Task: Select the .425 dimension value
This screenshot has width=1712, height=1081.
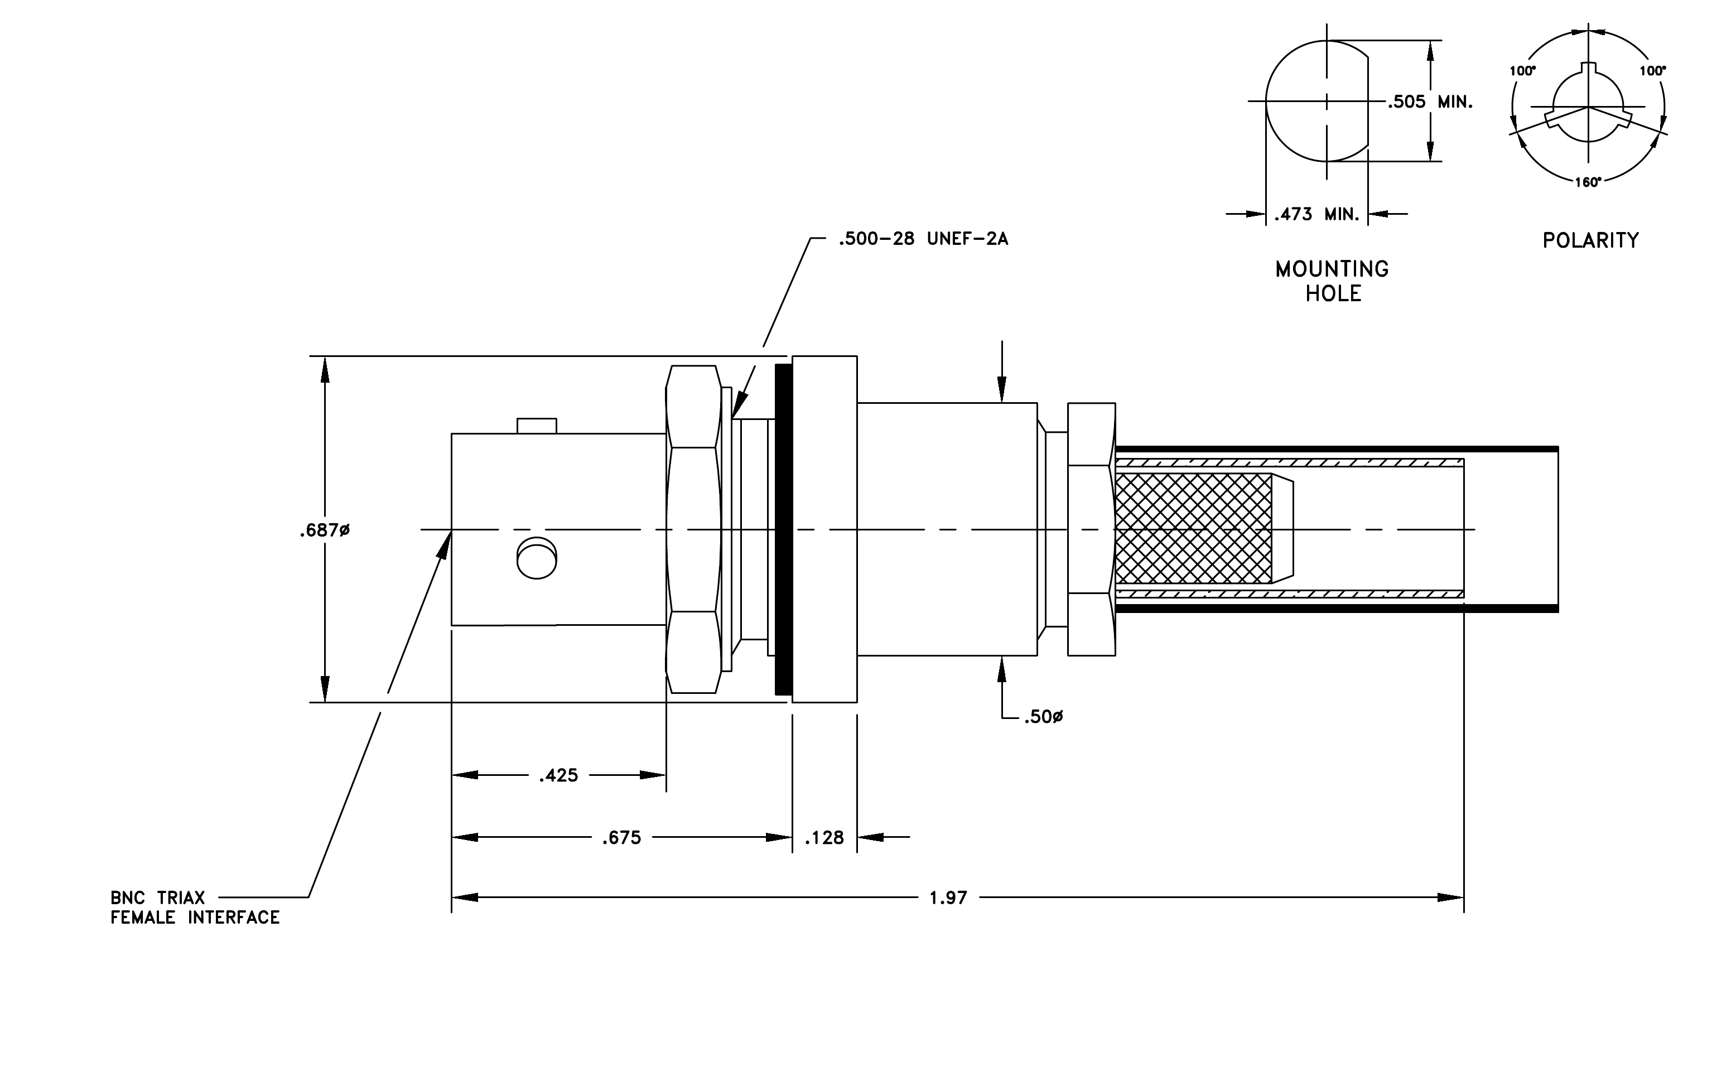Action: tap(559, 775)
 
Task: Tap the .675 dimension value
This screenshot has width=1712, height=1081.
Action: tap(622, 838)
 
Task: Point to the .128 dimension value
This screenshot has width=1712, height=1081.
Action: tap(824, 838)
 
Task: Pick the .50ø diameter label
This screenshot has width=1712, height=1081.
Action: tap(1044, 717)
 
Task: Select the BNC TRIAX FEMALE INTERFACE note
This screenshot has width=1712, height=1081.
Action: tap(195, 908)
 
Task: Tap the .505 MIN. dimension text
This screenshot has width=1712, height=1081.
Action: tap(1430, 102)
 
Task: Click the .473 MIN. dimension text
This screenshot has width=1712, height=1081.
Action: tap(1316, 214)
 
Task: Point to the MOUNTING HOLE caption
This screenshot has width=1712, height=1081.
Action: tap(1332, 281)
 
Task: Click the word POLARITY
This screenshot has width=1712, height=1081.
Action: tap(1591, 240)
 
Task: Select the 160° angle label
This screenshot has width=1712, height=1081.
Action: tap(1588, 182)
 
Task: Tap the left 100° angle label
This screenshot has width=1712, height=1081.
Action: tap(1523, 70)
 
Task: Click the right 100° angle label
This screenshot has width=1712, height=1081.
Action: tap(1653, 70)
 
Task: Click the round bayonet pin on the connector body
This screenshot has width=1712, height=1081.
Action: tap(537, 558)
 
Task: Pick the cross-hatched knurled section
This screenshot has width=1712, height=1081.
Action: tap(1194, 529)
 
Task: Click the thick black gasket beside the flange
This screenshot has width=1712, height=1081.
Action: tap(784, 529)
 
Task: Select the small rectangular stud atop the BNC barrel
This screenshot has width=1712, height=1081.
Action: tap(537, 426)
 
